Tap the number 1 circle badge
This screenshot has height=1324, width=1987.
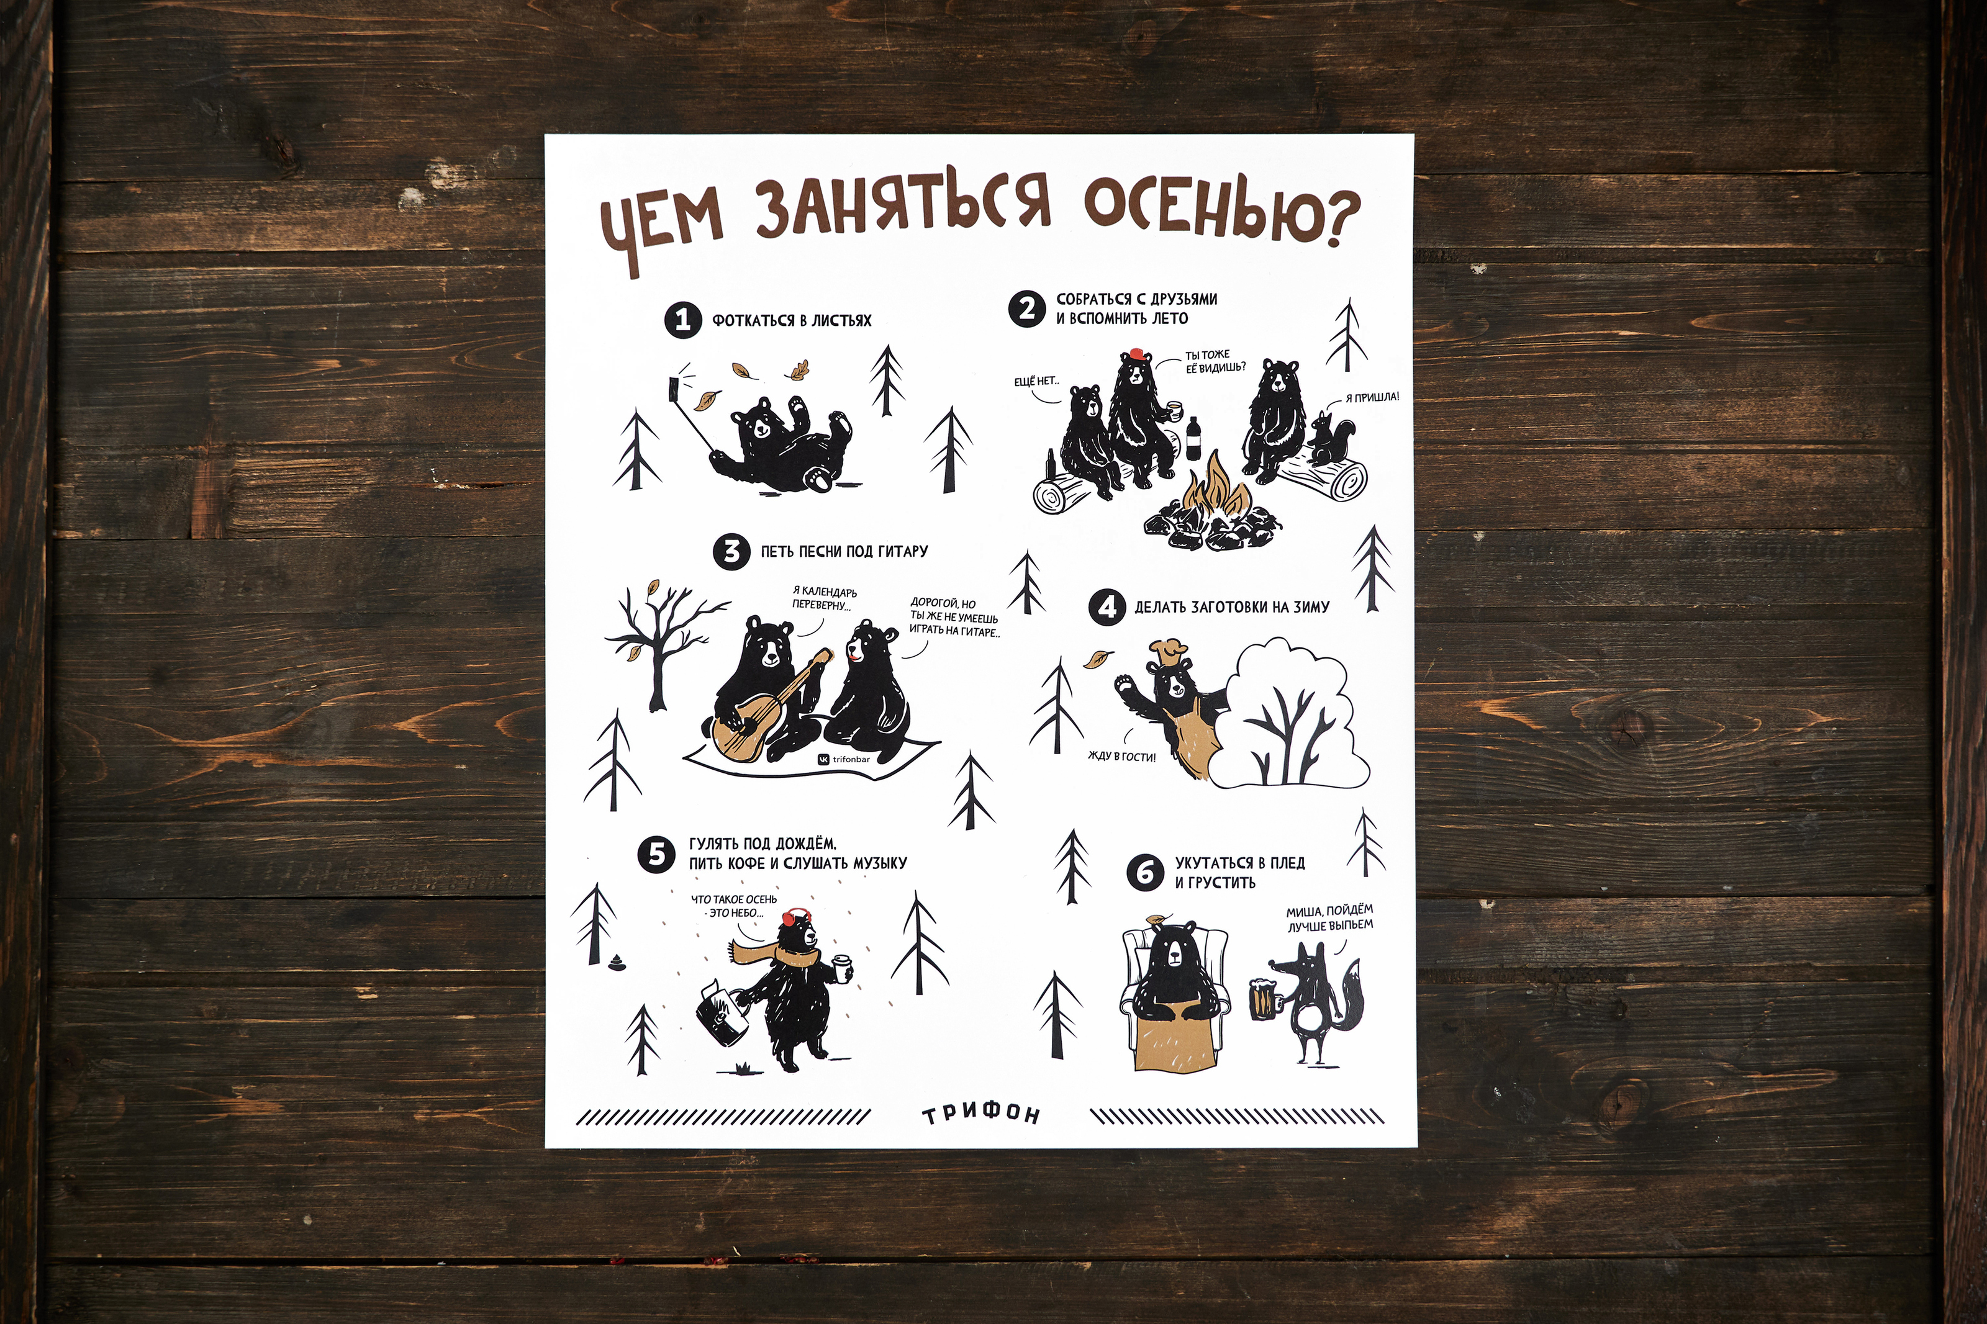click(683, 321)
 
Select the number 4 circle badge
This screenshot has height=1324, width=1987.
click(1107, 607)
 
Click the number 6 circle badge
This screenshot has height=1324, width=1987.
click(1144, 871)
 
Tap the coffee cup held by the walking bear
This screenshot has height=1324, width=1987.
click(842, 970)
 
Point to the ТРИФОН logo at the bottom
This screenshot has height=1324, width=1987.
click(980, 1115)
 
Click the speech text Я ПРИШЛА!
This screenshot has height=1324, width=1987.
click(1372, 397)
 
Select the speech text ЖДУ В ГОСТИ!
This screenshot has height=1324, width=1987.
click(1121, 757)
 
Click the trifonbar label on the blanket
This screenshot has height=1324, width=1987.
click(844, 759)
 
